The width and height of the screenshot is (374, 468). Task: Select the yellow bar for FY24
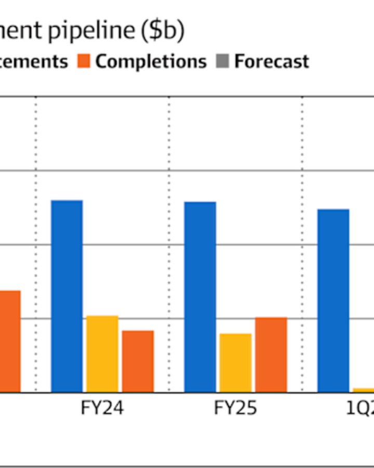pyautogui.click(x=102, y=354)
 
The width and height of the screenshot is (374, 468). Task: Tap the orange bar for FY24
pyautogui.click(x=138, y=361)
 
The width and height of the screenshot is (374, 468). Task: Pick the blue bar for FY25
pyautogui.click(x=200, y=296)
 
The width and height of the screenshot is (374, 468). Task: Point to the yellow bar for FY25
pyautogui.click(x=235, y=362)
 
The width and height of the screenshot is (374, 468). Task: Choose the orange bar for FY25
pyautogui.click(x=271, y=354)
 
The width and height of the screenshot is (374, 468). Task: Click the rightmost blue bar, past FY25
pyautogui.click(x=333, y=300)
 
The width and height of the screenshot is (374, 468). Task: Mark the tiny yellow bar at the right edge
pyautogui.click(x=364, y=389)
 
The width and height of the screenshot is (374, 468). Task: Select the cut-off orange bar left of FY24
pyautogui.click(x=10, y=341)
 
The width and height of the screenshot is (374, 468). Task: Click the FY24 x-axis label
pyautogui.click(x=102, y=408)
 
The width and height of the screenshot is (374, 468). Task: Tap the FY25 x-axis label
pyautogui.click(x=235, y=408)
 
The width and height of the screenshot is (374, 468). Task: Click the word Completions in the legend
pyautogui.click(x=151, y=61)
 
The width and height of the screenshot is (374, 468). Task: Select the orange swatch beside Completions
pyautogui.click(x=84, y=61)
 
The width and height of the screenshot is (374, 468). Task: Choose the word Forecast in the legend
pyautogui.click(x=271, y=61)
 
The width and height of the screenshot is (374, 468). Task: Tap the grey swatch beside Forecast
pyautogui.click(x=223, y=61)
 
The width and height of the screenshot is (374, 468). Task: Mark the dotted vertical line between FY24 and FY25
pyautogui.click(x=169, y=244)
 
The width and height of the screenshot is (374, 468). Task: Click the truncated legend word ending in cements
pyautogui.click(x=34, y=61)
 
